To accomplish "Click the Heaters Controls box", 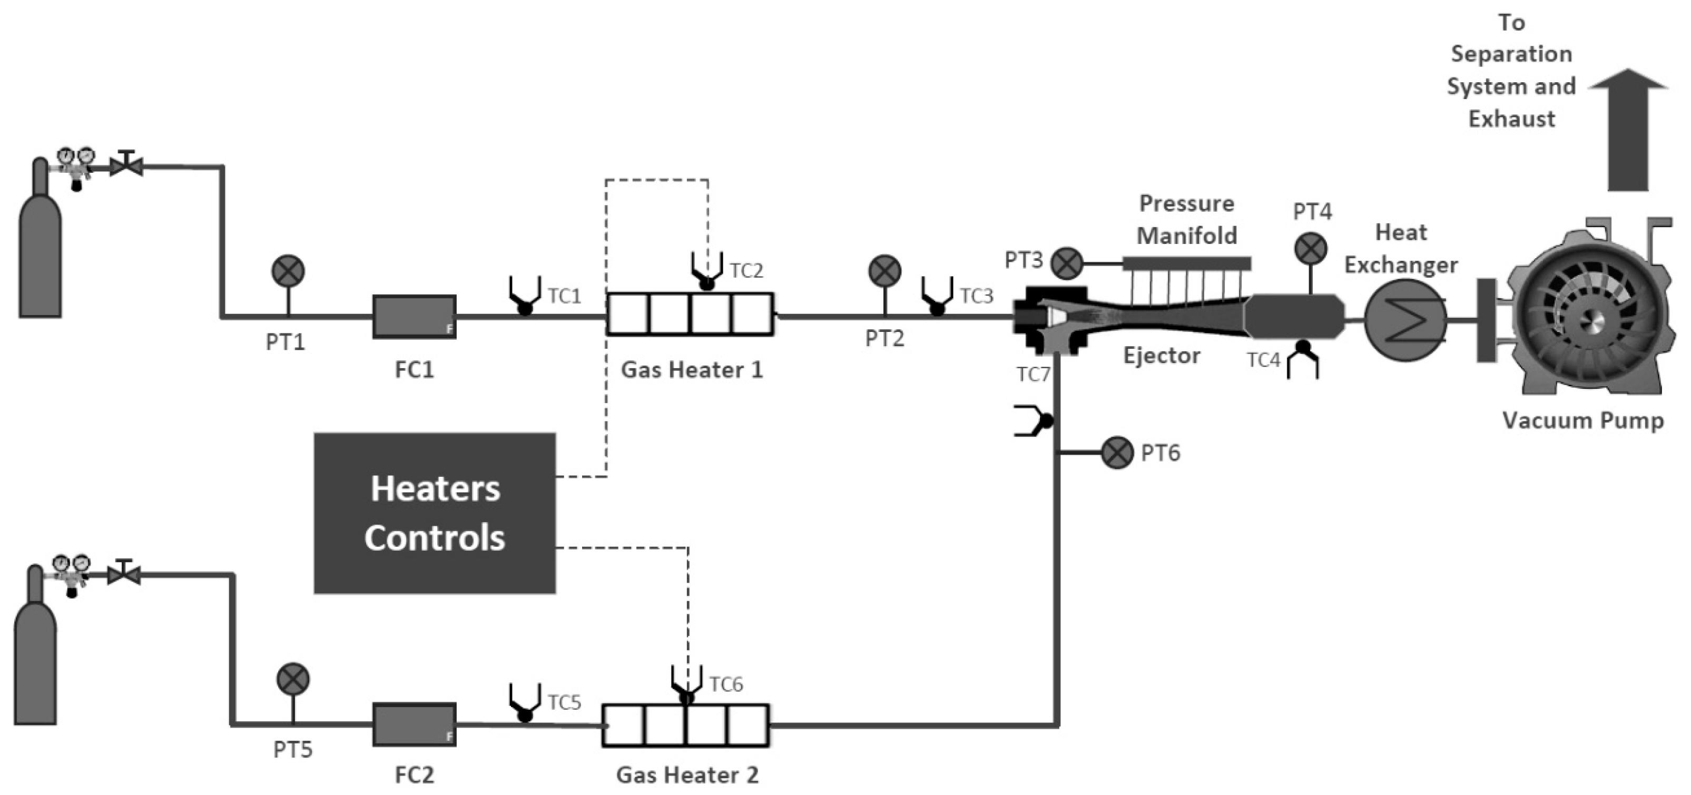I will pyautogui.click(x=435, y=513).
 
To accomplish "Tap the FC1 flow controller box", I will pyautogui.click(x=414, y=317).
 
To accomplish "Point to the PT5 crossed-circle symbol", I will pyautogui.click(x=293, y=679).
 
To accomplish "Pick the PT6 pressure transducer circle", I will pyautogui.click(x=1117, y=453).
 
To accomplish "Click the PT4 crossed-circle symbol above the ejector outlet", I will pyautogui.click(x=1310, y=249).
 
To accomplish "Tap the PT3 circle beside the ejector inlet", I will pyautogui.click(x=1067, y=263).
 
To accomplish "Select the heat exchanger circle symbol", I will pyautogui.click(x=1405, y=320).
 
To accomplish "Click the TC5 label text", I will pyautogui.click(x=565, y=702).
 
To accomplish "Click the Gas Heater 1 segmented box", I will pyautogui.click(x=690, y=315).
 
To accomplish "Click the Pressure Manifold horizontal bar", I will pyautogui.click(x=1186, y=264).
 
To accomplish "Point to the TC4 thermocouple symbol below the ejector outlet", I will pyautogui.click(x=1302, y=360).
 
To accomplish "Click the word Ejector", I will pyautogui.click(x=1161, y=355).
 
